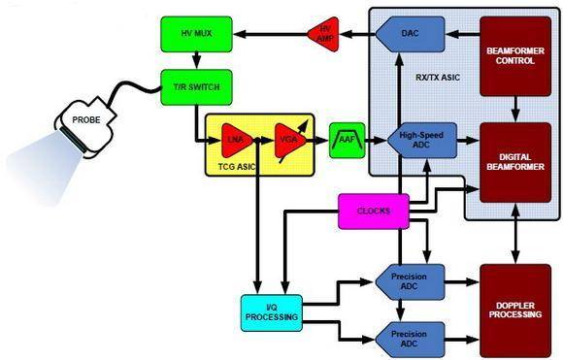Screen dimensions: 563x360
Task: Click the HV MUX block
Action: (196, 34)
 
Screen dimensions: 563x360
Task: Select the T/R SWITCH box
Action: (196, 87)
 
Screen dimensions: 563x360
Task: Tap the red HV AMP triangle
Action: (324, 34)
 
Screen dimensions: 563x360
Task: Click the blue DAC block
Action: (411, 34)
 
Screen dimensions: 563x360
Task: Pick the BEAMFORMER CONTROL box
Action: (515, 56)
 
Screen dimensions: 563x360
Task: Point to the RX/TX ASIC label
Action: (438, 78)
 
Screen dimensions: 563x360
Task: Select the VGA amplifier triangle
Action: (290, 141)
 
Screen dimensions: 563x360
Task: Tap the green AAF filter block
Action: (347, 141)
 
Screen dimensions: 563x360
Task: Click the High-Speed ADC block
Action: (422, 141)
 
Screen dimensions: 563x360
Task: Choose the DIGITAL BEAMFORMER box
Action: (515, 162)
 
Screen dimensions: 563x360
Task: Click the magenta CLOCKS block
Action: (374, 211)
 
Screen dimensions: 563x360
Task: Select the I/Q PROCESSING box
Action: (272, 312)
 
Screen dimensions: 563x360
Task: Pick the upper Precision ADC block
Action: (410, 281)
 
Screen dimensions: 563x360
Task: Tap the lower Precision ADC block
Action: (410, 340)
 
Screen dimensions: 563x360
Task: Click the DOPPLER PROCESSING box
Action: (515, 311)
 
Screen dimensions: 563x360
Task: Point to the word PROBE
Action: (86, 120)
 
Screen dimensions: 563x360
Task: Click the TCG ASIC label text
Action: (237, 167)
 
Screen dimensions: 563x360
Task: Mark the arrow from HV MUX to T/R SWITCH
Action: (196, 61)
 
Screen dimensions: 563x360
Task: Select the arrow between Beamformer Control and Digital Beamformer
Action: (515, 110)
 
